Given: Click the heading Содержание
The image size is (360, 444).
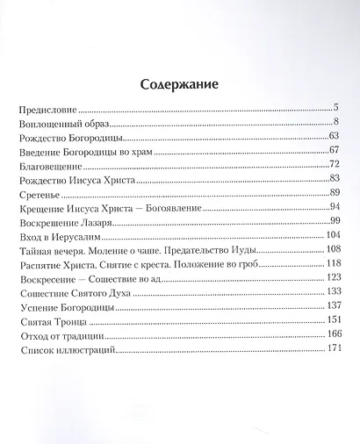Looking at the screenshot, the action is (x=179, y=84).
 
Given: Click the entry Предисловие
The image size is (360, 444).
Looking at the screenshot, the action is (x=47, y=113).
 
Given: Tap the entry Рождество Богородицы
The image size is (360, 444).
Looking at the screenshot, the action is (x=70, y=139).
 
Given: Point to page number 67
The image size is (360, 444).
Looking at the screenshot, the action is (x=333, y=150).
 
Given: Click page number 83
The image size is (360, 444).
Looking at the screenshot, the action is (x=333, y=178).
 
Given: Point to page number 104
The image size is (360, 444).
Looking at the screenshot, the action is (x=331, y=234).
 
